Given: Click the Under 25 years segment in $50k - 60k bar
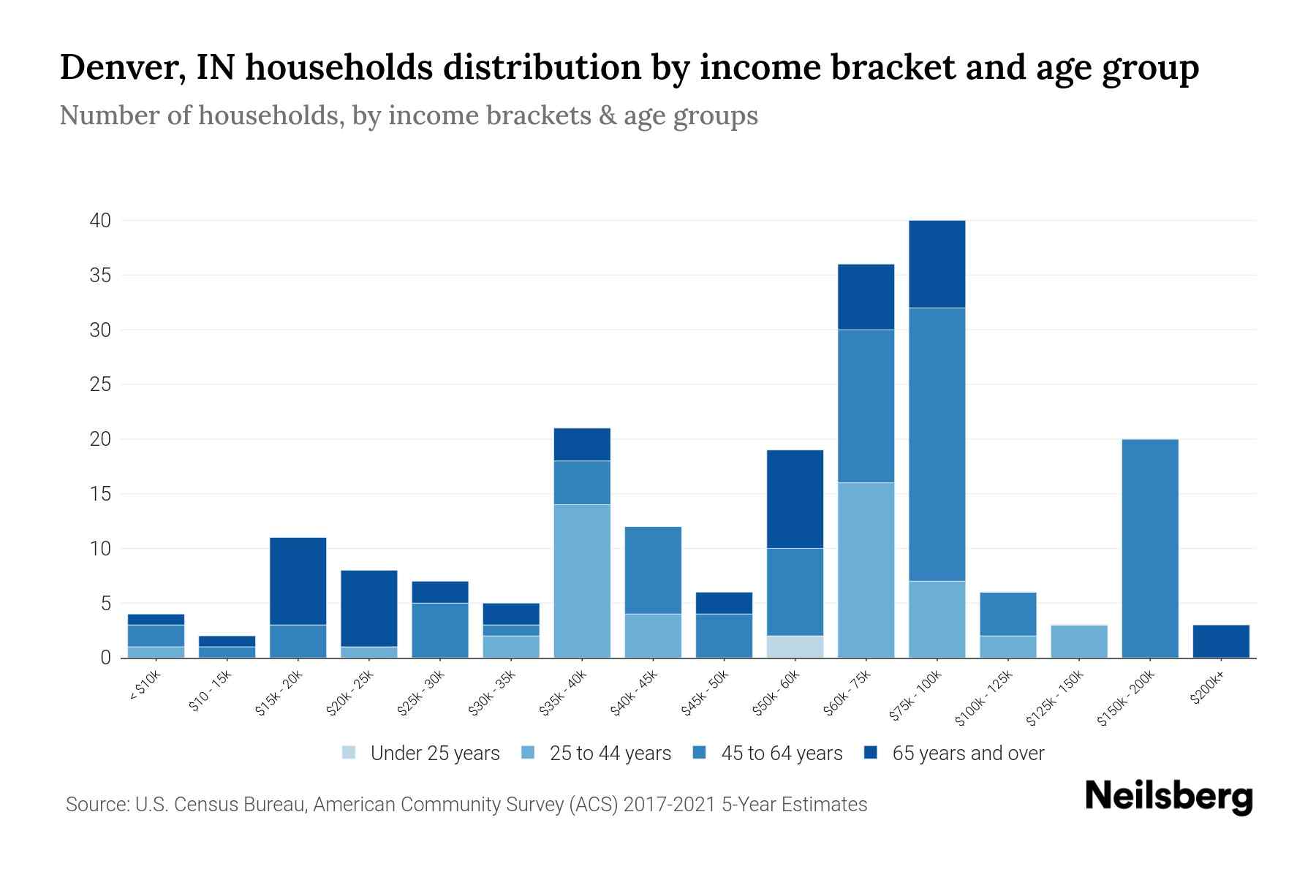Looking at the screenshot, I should [795, 647].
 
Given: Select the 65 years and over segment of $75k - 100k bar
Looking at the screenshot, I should [937, 264].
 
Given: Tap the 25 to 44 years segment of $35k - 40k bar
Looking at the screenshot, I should [582, 581].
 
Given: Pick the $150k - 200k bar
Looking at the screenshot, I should [1150, 548].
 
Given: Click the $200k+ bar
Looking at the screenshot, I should [1221, 641].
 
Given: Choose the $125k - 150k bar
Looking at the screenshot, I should [1079, 641].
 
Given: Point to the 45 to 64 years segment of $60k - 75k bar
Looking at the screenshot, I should [866, 406].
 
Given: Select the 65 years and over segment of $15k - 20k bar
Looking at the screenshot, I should [298, 581].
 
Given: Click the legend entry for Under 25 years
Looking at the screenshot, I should [421, 753].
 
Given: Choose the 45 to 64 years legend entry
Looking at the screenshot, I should [768, 753].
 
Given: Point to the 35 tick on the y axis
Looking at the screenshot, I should [100, 276].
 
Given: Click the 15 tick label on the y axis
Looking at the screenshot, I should [100, 494].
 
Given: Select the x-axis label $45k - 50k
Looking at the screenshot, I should [705, 694].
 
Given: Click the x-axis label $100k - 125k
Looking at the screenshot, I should [984, 699].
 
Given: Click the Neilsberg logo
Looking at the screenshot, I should [1168, 797].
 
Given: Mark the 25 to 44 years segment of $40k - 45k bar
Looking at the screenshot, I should [653, 636].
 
